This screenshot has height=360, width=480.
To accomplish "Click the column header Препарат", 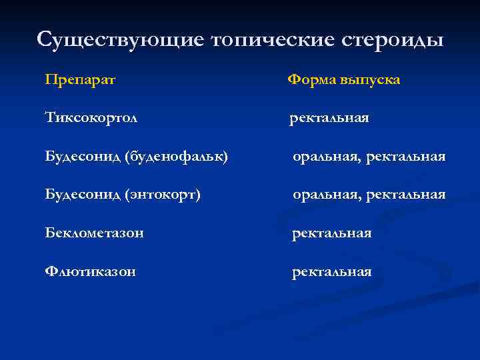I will click(80, 80).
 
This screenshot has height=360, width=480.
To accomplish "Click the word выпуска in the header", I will click(370, 81).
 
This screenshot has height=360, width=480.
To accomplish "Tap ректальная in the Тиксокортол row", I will click(329, 119).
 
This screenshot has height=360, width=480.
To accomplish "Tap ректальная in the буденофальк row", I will click(405, 157).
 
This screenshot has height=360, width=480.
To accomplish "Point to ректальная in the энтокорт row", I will click(405, 195).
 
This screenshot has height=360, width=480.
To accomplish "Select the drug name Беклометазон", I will click(95, 233).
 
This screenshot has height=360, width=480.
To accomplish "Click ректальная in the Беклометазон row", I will click(332, 233).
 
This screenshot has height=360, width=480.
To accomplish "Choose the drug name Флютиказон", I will click(91, 272).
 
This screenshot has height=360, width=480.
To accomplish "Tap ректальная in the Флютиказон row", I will click(332, 272).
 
